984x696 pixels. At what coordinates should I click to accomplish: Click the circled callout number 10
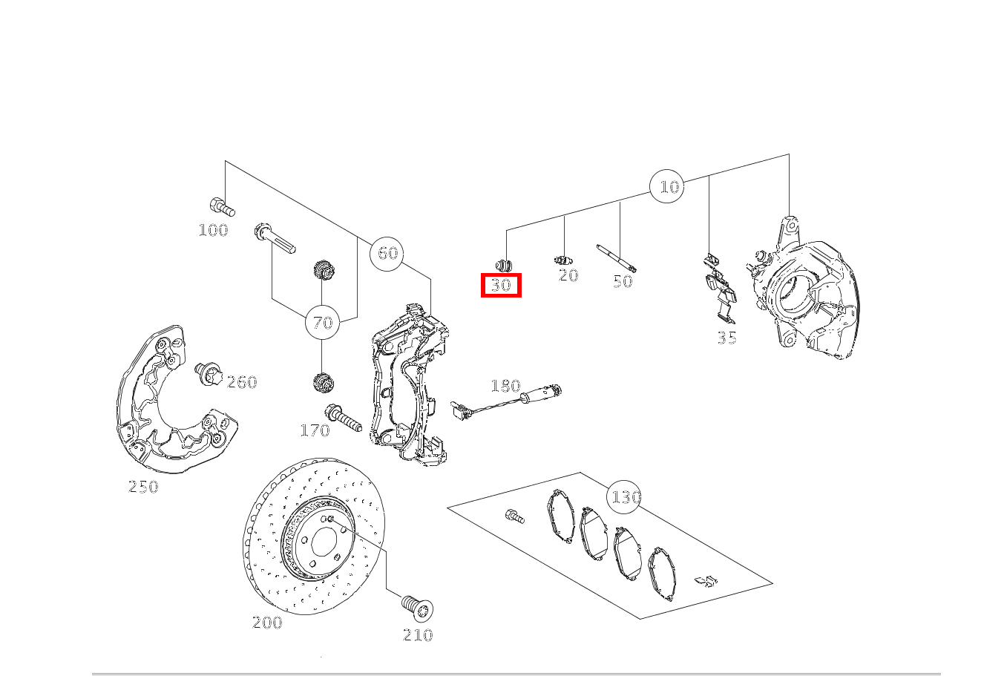point(667,186)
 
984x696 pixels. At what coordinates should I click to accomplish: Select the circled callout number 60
point(387,253)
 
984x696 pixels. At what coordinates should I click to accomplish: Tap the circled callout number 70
point(323,322)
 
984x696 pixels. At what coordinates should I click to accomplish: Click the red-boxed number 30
point(501,286)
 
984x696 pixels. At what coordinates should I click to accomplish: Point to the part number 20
point(568,276)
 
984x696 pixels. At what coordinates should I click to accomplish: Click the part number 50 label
point(623,281)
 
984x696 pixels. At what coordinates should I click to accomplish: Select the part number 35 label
point(727,338)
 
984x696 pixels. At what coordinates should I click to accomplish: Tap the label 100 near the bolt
point(214,230)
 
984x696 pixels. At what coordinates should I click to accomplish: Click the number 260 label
point(242,382)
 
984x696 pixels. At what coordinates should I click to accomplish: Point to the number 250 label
point(143,487)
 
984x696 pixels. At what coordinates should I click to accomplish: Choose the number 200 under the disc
point(267,623)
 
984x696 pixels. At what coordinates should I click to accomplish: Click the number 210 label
point(418,635)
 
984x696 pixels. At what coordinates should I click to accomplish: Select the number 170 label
point(315,430)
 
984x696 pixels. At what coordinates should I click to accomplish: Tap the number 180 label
point(505,386)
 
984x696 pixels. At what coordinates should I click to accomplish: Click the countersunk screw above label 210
point(418,608)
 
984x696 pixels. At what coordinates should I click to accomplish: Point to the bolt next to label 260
point(209,375)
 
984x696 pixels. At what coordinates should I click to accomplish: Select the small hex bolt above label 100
point(223,207)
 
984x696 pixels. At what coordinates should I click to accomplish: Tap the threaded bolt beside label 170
point(343,418)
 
